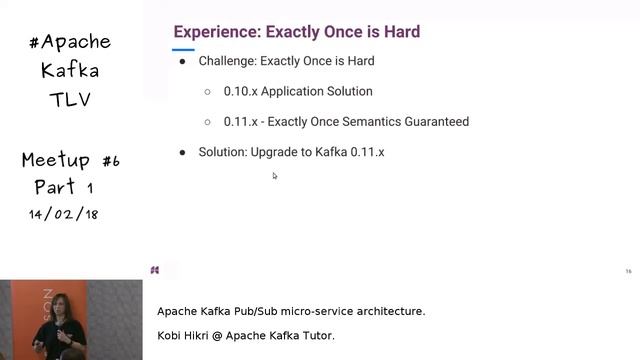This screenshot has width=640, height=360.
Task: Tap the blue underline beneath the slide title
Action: tap(183, 49)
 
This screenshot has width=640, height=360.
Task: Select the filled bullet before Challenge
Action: tap(182, 61)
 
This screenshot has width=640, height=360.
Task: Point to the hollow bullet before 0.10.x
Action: tap(207, 91)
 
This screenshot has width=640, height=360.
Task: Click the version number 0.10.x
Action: tap(240, 91)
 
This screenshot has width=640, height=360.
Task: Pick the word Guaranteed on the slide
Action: tap(432, 122)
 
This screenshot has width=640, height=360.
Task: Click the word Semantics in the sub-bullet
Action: tap(370, 122)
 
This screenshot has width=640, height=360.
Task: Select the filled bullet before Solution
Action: tap(182, 152)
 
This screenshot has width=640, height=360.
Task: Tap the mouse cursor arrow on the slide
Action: tap(275, 176)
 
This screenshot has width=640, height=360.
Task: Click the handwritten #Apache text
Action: tap(70, 42)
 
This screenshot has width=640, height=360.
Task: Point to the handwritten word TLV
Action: tap(70, 100)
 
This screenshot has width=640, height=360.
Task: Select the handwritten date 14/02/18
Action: tap(64, 214)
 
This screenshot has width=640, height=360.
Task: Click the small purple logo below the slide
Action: tap(155, 270)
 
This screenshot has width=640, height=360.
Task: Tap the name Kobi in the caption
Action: tap(171, 336)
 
